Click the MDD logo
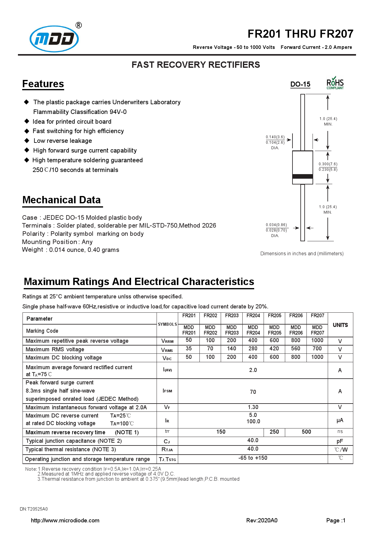coord(54,39)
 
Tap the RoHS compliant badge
coord(335,83)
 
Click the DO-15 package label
coord(300,84)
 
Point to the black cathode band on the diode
coord(303,176)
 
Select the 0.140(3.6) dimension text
coord(275,137)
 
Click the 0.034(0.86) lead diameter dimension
coord(276,225)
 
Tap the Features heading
coord(43,84)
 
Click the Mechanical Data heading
coord(61,200)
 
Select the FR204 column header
coord(253,316)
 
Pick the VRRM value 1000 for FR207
coord(317,340)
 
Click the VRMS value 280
coord(253,349)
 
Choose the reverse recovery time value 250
coord(274,432)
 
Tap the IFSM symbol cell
coord(167,391)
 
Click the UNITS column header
coord(340,325)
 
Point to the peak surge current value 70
coord(253,392)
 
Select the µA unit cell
coord(340,420)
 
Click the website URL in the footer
coord(65,521)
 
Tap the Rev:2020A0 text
coord(262,521)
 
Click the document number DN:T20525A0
coord(34,509)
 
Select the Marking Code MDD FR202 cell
coord(210,330)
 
